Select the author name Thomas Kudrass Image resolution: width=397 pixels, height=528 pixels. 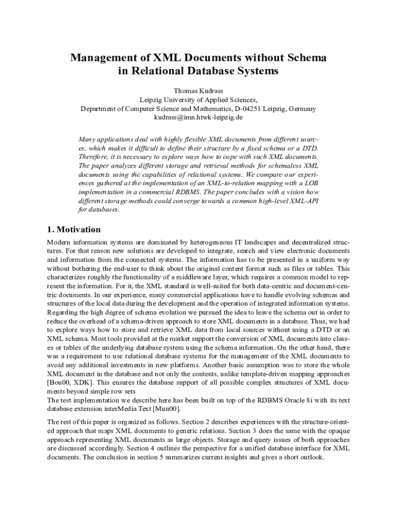(x=198, y=91)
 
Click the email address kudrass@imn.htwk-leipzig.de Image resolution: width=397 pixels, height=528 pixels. (x=198, y=117)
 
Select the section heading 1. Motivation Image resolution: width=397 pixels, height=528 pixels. (x=74, y=229)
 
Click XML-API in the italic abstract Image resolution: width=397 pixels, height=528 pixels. (x=304, y=201)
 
